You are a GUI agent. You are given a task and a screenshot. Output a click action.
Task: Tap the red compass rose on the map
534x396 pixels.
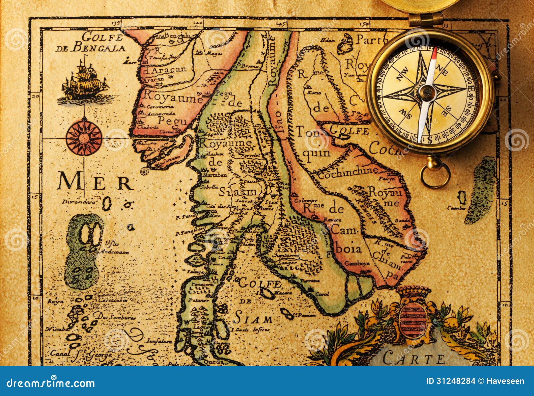click(84, 137)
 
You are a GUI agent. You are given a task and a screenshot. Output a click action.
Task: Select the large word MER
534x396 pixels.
click(95, 182)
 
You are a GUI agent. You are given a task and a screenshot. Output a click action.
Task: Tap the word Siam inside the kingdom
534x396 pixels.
click(238, 192)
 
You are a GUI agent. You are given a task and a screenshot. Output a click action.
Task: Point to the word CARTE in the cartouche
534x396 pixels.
click(414, 359)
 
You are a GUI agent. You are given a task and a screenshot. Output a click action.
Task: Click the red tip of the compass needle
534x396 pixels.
click(433, 55)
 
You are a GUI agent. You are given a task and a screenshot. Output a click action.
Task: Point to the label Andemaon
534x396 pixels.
click(115, 252)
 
